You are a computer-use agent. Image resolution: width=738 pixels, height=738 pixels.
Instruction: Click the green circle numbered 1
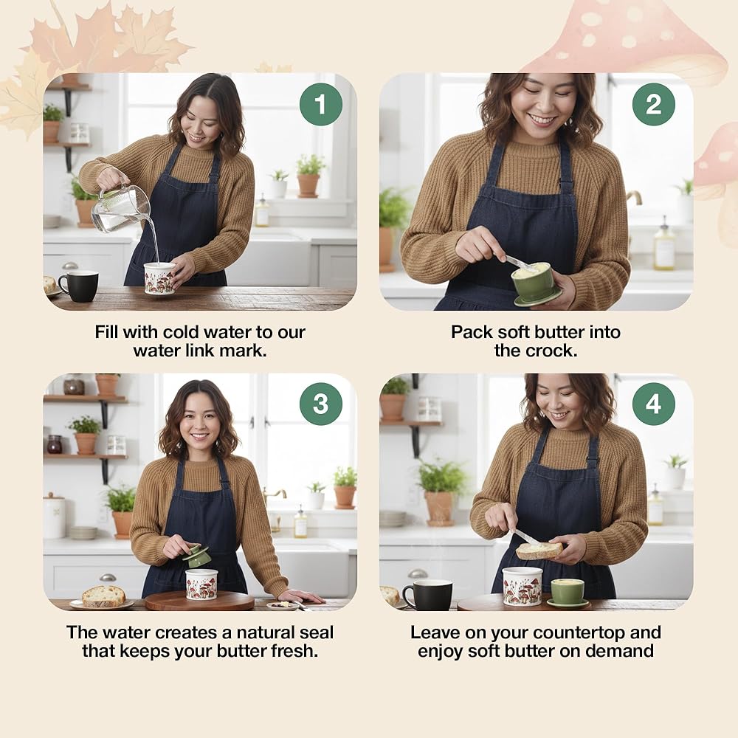[x=321, y=104]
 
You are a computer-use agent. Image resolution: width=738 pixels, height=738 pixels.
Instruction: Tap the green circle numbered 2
[x=654, y=104]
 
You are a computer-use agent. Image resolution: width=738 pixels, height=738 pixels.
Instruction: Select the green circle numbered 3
[x=321, y=404]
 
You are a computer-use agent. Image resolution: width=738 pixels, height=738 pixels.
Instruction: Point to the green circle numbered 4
[x=654, y=404]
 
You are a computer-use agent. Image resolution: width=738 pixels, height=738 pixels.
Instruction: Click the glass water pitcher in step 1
[x=120, y=207]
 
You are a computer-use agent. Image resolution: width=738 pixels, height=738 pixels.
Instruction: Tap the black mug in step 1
[x=79, y=286]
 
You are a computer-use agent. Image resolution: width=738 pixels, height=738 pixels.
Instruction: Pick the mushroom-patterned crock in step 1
[x=159, y=279]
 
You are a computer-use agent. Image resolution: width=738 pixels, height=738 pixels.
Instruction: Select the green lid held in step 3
[x=196, y=556]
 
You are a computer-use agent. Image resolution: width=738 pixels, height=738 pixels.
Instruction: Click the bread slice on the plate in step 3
[x=103, y=596]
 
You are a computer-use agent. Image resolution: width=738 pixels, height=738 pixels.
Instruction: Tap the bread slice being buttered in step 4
[x=539, y=551]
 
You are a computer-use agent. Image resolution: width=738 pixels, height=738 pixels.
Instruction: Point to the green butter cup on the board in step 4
[x=567, y=593]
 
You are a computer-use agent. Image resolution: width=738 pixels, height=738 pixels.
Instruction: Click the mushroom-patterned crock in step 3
[x=202, y=584]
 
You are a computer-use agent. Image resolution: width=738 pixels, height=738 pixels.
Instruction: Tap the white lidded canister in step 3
[x=54, y=516]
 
